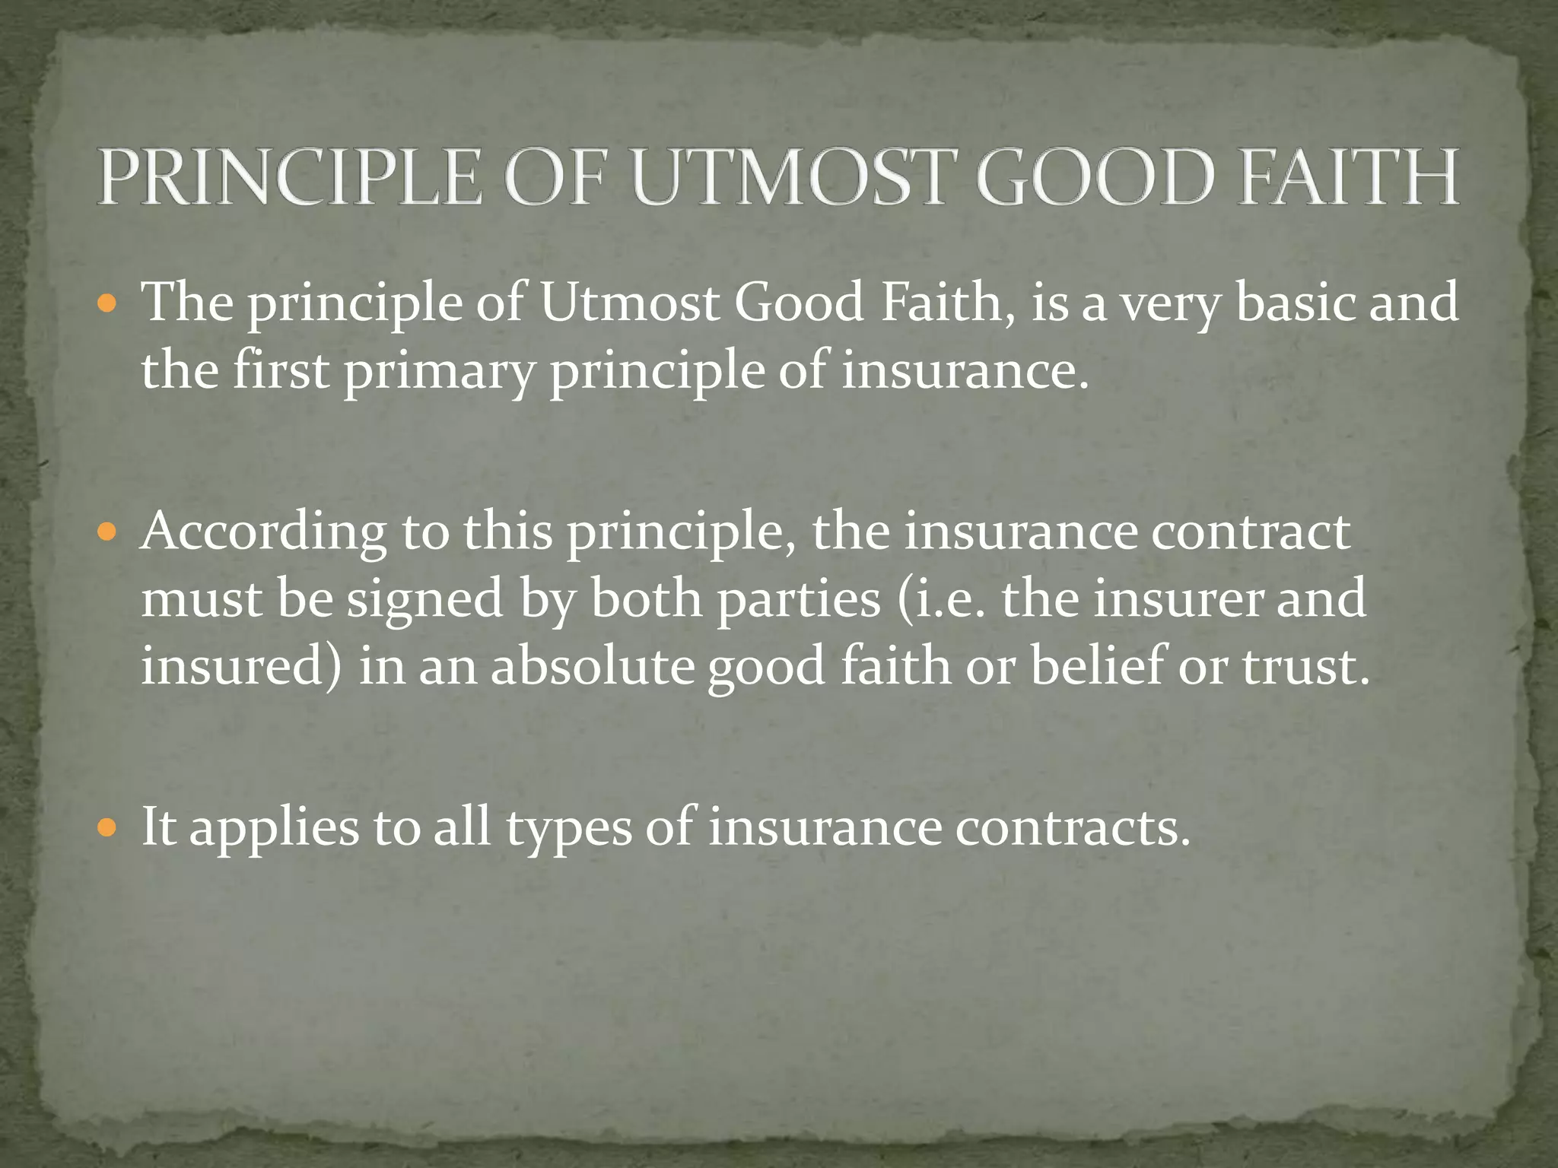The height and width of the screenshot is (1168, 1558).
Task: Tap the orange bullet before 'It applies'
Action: (107, 827)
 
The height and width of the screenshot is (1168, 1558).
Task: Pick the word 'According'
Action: (263, 532)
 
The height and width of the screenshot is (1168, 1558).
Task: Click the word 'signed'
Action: (425, 599)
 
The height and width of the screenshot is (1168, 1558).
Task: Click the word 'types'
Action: (569, 829)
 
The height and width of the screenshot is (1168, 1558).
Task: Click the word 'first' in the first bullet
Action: (281, 371)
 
